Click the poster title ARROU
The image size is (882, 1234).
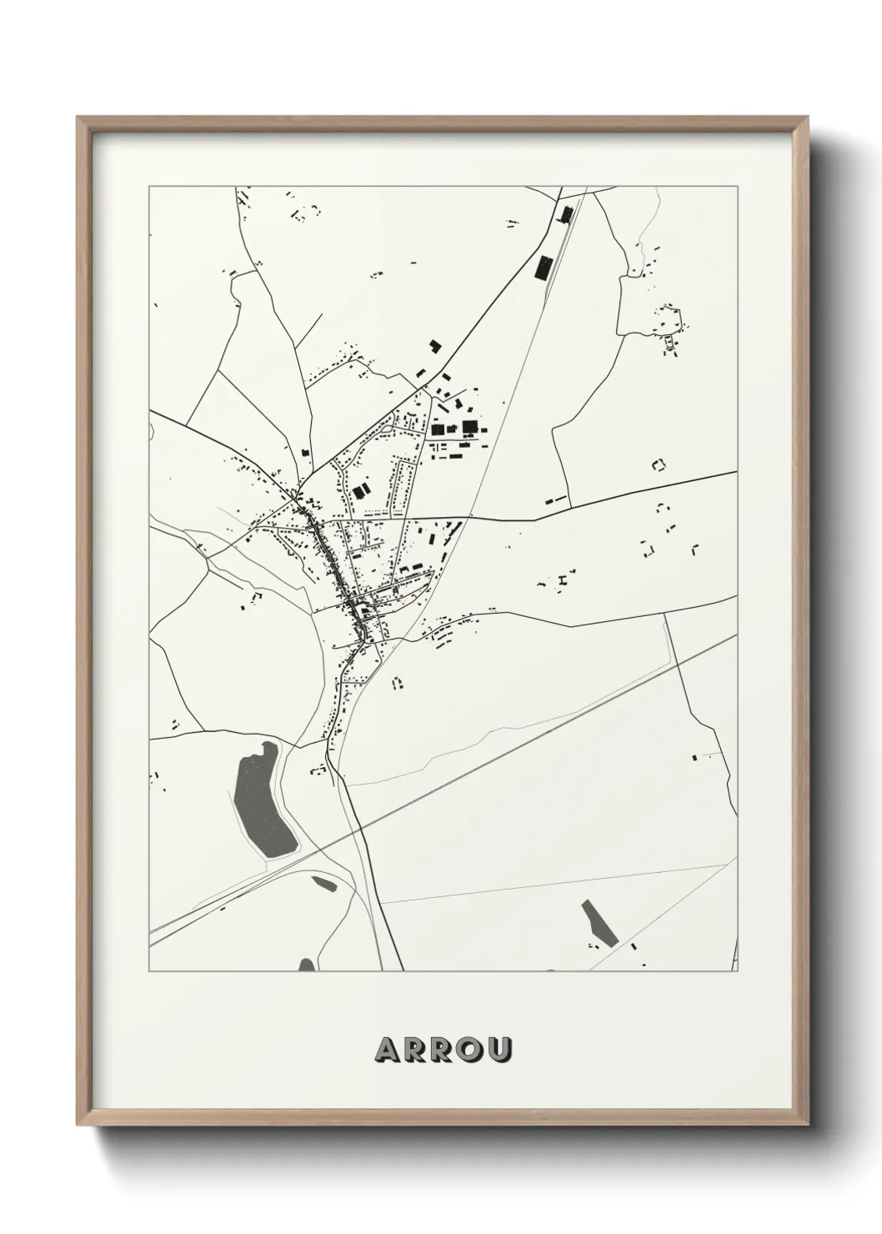[x=443, y=1050]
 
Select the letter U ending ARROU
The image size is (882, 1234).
[x=498, y=1050]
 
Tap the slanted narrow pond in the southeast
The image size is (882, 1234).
[x=599, y=923]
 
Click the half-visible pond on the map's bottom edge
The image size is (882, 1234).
[x=307, y=966]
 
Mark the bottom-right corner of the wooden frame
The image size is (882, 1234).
[x=807, y=1122]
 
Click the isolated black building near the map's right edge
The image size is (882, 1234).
[x=694, y=757]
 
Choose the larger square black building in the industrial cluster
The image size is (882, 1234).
[x=470, y=427]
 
